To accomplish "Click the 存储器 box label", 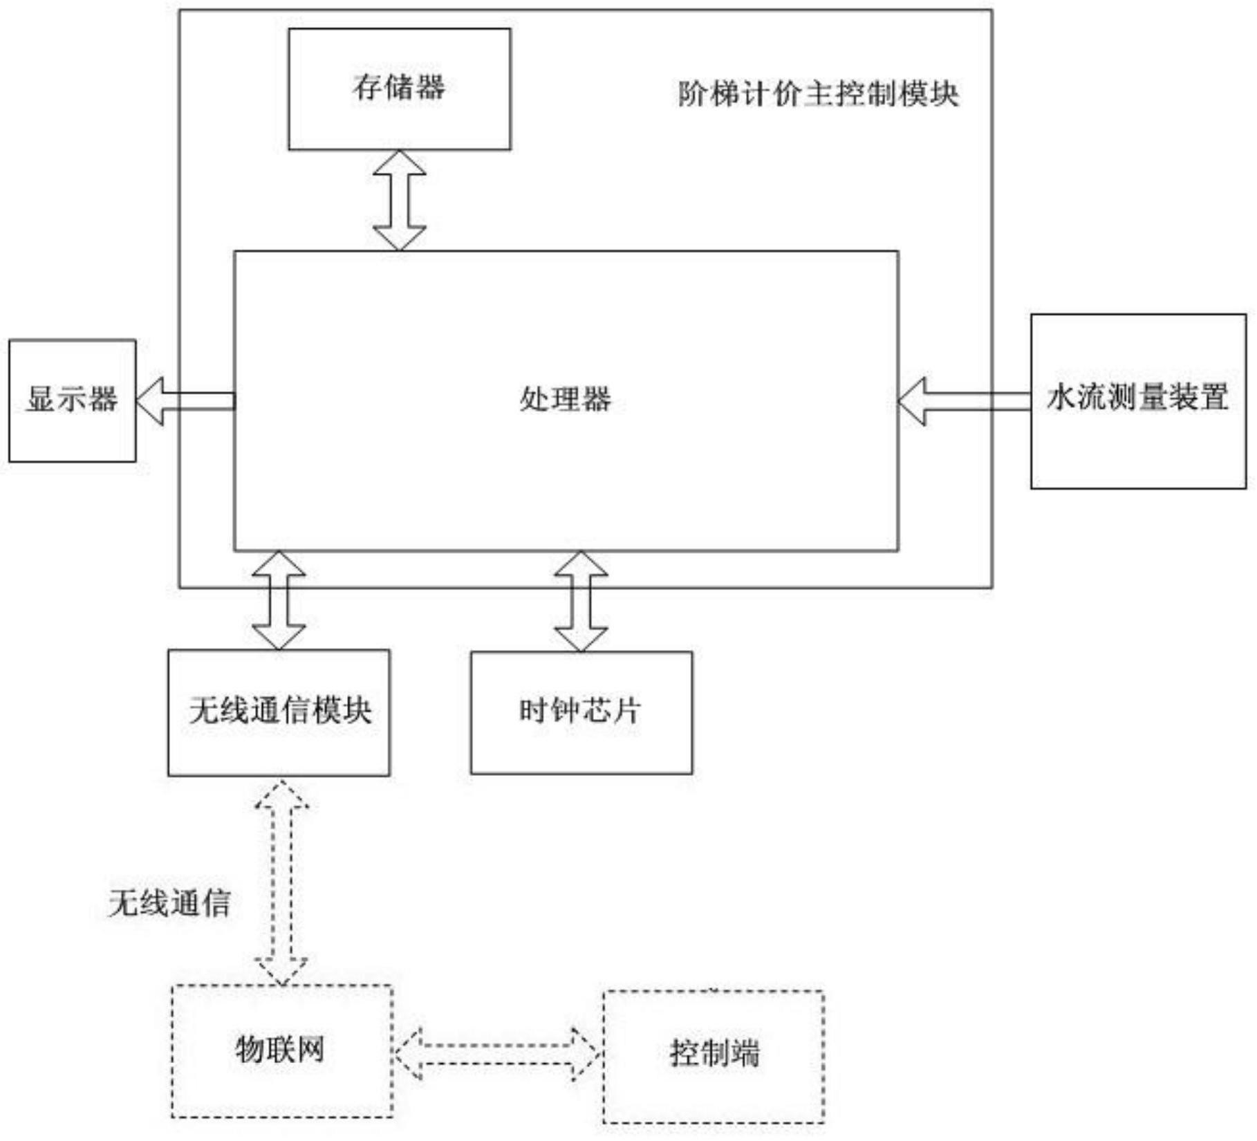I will click(x=399, y=88).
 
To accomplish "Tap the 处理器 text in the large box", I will click(x=566, y=399).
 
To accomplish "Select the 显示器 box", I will click(x=72, y=400).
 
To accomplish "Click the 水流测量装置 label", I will click(x=1137, y=397).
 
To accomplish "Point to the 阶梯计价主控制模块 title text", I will click(x=818, y=93).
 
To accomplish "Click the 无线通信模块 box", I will click(x=279, y=712).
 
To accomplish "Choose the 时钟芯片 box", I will click(x=581, y=712).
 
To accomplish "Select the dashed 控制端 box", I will click(x=713, y=1056).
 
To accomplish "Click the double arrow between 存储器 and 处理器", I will click(x=399, y=201).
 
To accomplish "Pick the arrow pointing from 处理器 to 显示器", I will click(x=185, y=401).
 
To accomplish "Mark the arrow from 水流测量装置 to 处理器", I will click(x=964, y=401).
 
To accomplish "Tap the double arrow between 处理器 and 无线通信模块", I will click(x=279, y=600).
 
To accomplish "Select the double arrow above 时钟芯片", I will click(x=581, y=601).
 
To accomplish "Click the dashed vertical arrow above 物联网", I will click(x=281, y=883).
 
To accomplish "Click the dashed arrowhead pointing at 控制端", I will click(x=585, y=1055).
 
